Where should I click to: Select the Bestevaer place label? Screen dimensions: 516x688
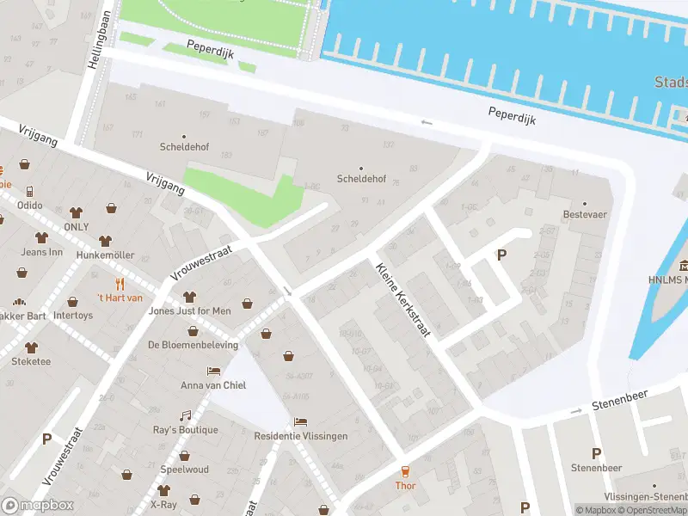tap(585, 214)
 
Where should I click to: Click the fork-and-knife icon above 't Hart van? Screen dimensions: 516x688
tap(120, 283)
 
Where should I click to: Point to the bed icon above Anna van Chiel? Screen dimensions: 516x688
tap(213, 371)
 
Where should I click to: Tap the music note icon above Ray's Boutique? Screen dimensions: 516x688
tap(185, 415)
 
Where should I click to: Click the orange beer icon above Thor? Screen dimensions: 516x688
tap(405, 471)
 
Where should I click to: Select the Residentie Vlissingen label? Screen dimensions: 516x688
tap(301, 436)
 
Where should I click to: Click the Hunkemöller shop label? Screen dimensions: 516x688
tap(105, 255)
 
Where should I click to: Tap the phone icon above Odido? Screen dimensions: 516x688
tap(29, 191)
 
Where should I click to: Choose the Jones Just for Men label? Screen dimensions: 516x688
tap(190, 310)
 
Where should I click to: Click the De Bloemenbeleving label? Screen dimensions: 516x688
tap(193, 344)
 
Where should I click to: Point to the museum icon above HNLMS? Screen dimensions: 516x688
tap(685, 264)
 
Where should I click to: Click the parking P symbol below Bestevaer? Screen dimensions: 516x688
tap(501, 254)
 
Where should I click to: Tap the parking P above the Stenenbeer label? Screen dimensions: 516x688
tap(596, 453)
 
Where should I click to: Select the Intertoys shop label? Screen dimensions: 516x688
tap(72, 315)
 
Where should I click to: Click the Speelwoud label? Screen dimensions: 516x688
tap(184, 470)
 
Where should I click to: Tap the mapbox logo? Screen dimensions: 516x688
tap(38, 506)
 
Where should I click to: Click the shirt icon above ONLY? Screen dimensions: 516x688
tap(76, 212)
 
